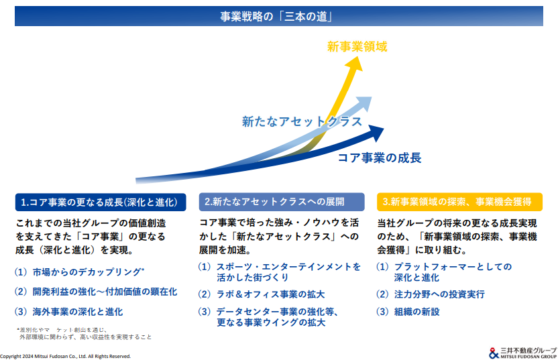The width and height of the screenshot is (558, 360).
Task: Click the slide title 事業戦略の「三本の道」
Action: click(x=276, y=16)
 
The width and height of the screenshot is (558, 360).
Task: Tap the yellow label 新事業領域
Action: click(x=357, y=47)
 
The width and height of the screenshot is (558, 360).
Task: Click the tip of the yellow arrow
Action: click(x=357, y=56)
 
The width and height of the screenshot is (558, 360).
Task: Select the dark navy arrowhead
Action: click(x=376, y=133)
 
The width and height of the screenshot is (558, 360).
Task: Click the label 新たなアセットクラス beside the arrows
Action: click(x=302, y=121)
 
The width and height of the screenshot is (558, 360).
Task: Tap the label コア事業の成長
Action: click(x=380, y=158)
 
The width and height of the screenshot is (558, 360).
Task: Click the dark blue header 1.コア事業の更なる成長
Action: click(x=101, y=202)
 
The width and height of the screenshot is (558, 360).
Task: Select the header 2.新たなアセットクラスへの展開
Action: click(x=282, y=202)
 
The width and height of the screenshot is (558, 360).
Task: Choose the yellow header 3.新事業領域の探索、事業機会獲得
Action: click(x=459, y=202)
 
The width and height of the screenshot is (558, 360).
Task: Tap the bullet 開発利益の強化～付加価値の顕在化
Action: click(x=105, y=292)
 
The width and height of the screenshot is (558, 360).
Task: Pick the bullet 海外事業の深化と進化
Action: click(x=78, y=312)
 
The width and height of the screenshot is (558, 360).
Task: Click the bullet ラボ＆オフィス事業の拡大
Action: click(x=270, y=294)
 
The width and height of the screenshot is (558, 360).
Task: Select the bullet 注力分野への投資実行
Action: click(x=439, y=294)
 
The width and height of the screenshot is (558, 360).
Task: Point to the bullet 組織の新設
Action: click(x=416, y=312)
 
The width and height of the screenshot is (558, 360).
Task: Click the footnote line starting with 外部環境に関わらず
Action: click(x=85, y=337)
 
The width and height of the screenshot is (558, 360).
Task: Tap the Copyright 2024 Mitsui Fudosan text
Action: click(x=66, y=356)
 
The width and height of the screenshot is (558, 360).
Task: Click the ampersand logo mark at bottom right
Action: click(x=494, y=353)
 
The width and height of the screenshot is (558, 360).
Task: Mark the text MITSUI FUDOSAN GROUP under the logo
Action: click(x=528, y=357)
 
